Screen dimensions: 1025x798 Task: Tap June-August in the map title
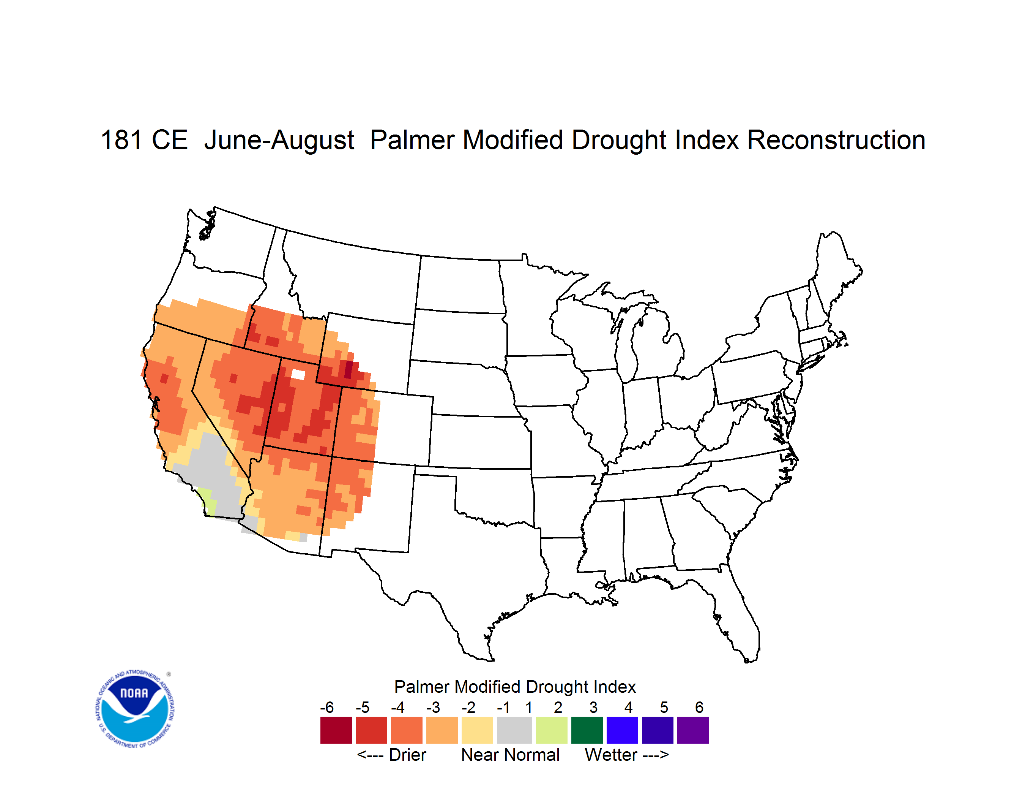pos(279,141)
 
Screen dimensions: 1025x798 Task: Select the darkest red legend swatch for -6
pos(336,730)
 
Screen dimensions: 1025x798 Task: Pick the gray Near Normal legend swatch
pos(514,730)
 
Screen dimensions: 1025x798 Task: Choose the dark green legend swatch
pos(587,730)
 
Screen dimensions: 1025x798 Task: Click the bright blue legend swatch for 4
pos(622,730)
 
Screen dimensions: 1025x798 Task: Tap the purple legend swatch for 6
pos(693,730)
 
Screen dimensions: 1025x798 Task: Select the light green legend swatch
pos(552,730)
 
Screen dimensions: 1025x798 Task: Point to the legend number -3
pos(433,707)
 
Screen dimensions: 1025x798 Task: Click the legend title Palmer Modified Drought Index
pos(515,687)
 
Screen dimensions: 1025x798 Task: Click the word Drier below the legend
pos(407,755)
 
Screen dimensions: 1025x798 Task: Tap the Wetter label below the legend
pos(611,755)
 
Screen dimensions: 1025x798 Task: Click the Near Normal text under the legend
pos(510,755)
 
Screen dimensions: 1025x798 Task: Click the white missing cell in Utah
pos(298,374)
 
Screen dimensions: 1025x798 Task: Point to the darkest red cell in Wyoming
pos(348,369)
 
